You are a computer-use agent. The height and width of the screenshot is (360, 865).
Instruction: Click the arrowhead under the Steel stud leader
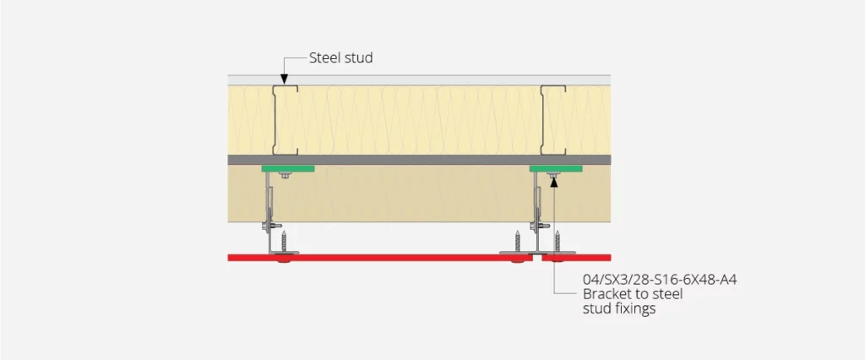284,81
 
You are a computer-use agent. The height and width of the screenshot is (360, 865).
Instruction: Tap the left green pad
287,168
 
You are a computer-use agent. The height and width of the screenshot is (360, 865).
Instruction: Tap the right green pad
555,168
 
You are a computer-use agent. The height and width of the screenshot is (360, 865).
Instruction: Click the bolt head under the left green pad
287,176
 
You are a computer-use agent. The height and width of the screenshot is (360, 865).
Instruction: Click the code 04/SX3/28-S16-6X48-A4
648,279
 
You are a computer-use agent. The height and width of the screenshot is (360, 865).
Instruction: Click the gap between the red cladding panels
537,257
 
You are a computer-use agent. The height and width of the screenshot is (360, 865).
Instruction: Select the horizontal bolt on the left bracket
271,226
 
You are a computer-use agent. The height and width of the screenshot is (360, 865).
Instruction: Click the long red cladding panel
380,257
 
